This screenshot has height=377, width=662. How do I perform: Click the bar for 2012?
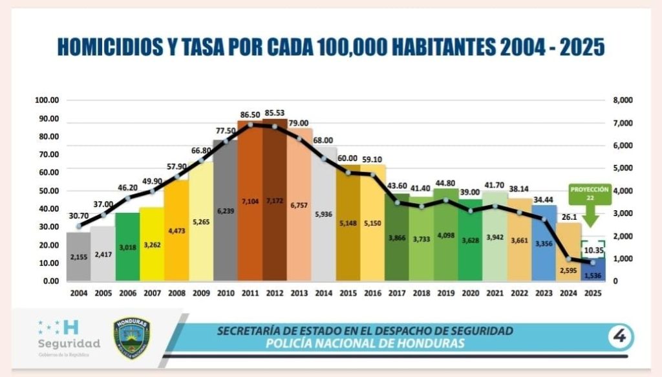pos(274,200)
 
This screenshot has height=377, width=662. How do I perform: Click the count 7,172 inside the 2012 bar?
pos(274,202)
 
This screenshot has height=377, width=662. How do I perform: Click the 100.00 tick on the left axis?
pos(47,101)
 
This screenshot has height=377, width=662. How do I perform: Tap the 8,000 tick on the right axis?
pos(623,101)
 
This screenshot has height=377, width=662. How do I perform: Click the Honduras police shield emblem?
pos(131,338)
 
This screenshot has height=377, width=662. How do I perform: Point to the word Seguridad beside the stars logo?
pos(69,343)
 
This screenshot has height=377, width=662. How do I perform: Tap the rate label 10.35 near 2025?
pos(593,250)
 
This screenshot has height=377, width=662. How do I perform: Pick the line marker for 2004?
pos(79,226)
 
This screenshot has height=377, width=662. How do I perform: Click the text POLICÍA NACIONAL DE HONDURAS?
pos(365,343)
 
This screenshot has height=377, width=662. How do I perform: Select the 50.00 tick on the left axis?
pos(47,191)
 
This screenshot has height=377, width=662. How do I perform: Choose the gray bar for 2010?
pos(225,213)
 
